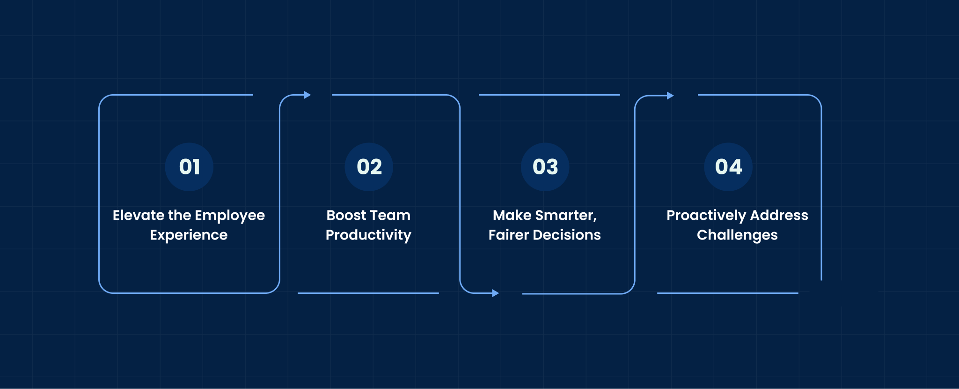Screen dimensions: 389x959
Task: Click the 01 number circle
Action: [x=189, y=167]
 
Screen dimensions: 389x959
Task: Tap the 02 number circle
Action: [x=369, y=167]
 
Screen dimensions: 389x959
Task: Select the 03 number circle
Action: [x=545, y=167]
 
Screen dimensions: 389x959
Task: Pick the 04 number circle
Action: [x=728, y=167]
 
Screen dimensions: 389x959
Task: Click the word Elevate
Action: [x=139, y=215]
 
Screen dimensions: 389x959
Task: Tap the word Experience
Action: [x=189, y=235]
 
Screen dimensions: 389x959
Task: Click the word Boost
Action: [x=346, y=215]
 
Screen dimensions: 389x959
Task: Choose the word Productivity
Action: [x=368, y=235]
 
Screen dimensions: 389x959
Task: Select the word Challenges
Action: [x=737, y=235]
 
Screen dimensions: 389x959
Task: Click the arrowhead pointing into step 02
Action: [x=307, y=95]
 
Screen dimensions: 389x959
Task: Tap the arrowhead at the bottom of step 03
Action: [x=496, y=293]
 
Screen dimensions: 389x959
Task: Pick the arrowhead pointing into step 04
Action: [x=670, y=96]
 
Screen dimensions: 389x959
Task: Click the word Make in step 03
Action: [x=512, y=215]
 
